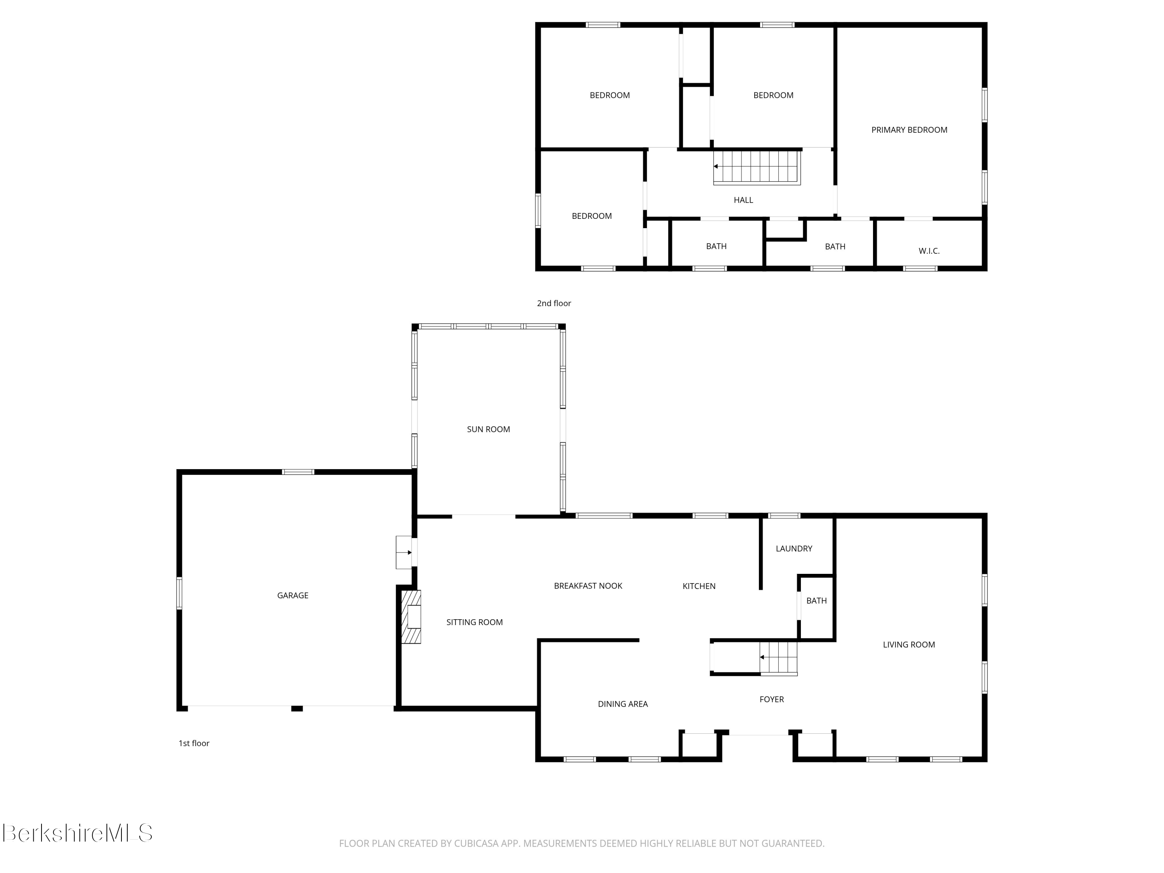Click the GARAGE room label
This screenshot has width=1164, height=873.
(x=293, y=595)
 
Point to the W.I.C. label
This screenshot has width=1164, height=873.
(x=929, y=251)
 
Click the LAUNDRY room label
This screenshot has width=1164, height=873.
(x=793, y=548)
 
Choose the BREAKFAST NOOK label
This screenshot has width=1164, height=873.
(x=588, y=585)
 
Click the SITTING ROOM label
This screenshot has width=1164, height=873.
(x=474, y=622)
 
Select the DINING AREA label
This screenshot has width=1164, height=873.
(x=622, y=703)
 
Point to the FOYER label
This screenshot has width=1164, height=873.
(x=771, y=699)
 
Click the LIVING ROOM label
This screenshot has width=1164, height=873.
(x=909, y=644)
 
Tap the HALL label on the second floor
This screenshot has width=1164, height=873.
(x=743, y=200)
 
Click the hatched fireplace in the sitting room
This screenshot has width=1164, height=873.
(x=411, y=617)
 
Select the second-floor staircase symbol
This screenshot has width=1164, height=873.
(x=757, y=167)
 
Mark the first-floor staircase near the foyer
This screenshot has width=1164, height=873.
(x=779, y=658)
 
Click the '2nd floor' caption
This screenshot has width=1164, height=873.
(x=554, y=303)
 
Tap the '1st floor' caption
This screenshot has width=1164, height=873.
(x=194, y=743)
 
